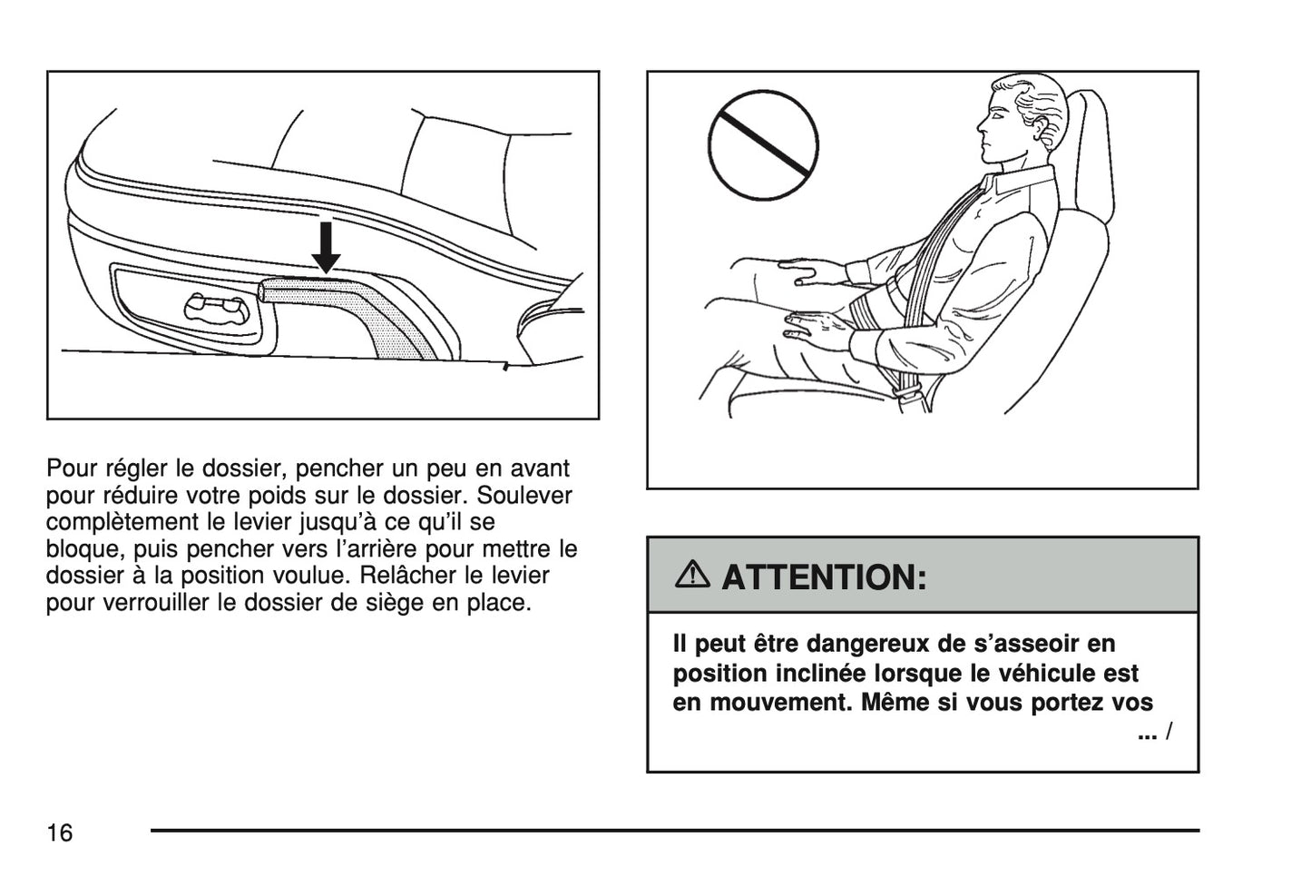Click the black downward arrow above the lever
click(x=326, y=247)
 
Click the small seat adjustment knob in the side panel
click(x=217, y=310)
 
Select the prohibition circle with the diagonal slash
click(x=763, y=145)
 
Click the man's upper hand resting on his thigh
click(x=806, y=271)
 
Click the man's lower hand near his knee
click(x=815, y=328)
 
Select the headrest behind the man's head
click(x=1090, y=153)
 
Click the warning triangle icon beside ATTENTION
click(x=691, y=574)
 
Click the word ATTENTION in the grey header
click(x=824, y=577)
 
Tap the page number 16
click(x=60, y=833)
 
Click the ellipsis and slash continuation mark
click(x=1155, y=732)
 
